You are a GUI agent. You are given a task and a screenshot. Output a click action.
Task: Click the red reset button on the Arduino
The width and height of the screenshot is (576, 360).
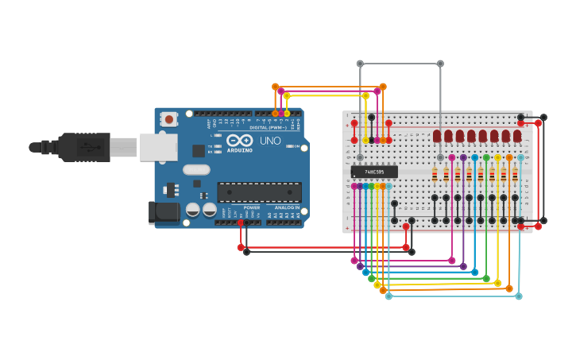tap(168, 119)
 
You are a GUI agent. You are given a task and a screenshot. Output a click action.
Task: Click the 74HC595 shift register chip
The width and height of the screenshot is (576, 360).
tap(374, 172)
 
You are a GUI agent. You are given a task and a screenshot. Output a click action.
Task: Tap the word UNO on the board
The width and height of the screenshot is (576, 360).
tap(270, 141)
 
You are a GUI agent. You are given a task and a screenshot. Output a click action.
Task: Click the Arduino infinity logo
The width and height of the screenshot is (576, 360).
tap(240, 141)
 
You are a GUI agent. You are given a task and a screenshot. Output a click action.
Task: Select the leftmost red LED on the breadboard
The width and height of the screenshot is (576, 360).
tap(437, 137)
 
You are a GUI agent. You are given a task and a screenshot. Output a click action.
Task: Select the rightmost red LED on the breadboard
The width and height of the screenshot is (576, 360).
tap(517, 137)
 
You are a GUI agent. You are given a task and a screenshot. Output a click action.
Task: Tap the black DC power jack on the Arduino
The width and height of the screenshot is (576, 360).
tap(164, 212)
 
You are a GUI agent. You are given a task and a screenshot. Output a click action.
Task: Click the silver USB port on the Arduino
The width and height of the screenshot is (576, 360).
tap(158, 147)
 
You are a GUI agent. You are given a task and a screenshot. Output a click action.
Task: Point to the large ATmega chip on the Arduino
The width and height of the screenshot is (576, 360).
tap(259, 192)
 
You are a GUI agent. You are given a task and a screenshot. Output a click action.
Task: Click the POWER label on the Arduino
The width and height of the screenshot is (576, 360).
tap(252, 207)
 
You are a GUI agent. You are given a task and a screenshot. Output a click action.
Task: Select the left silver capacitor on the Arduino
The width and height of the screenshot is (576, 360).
tap(193, 210)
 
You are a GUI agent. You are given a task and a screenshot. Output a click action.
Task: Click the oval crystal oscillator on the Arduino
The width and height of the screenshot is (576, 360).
tap(196, 169)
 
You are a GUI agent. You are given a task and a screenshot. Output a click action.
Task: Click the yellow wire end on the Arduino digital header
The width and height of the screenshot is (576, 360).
tap(287, 114)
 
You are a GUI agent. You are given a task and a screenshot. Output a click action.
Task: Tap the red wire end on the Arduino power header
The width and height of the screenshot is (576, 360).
tap(241, 223)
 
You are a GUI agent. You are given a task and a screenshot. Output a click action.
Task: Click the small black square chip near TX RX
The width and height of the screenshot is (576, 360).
tap(199, 150)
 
